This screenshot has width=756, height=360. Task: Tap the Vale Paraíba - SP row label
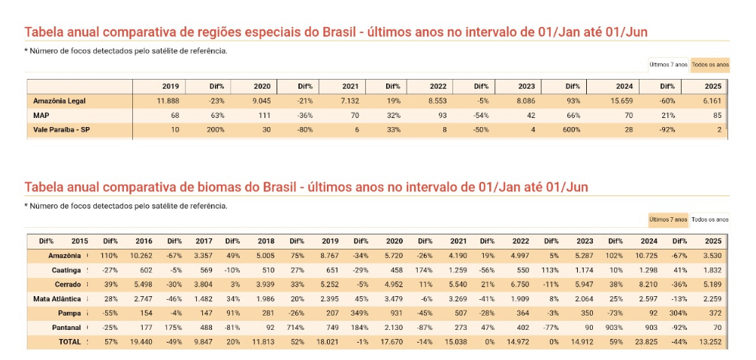(62, 129)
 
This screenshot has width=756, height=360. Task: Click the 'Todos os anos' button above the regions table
(710, 65)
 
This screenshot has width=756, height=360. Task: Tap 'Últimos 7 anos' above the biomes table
(668, 219)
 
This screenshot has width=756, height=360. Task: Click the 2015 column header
(80, 241)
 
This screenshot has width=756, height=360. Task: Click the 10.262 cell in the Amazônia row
(141, 256)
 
